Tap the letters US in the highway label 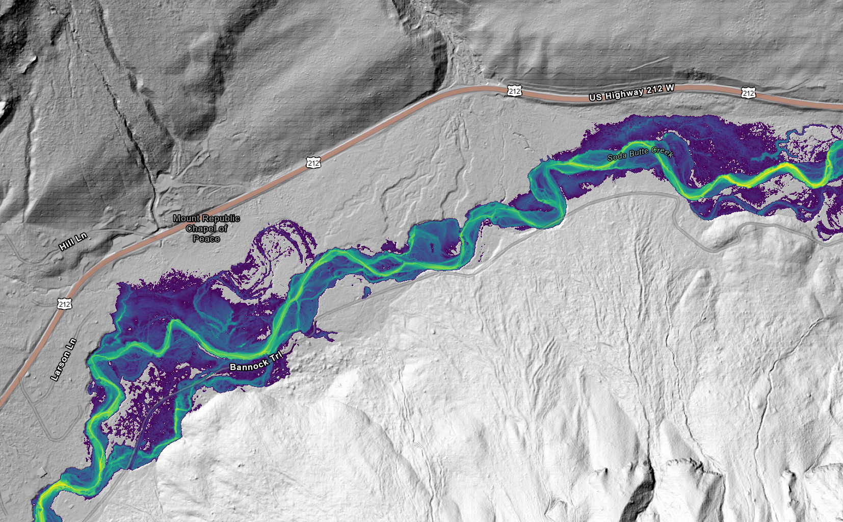(595, 97)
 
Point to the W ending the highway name (669, 88)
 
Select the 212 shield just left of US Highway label (514, 91)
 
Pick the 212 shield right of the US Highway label (748, 93)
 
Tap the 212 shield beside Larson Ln (64, 304)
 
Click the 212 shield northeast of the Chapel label (313, 163)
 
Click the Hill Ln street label (73, 242)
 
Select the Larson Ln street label (64, 359)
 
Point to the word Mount (187, 218)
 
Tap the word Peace (206, 239)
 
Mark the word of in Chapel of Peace (223, 228)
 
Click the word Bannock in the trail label (249, 364)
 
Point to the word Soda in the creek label (617, 156)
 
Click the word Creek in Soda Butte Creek (663, 151)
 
